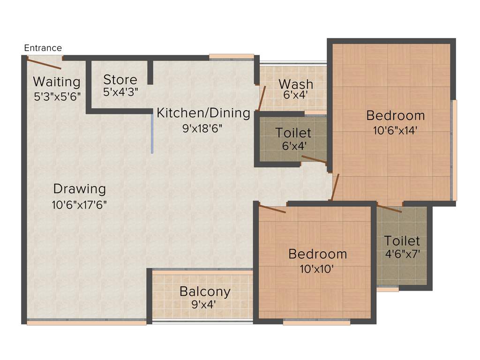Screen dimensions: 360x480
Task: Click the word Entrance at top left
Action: click(43, 48)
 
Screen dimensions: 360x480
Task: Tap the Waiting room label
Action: click(57, 82)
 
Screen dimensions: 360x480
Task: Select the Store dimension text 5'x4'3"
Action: click(120, 92)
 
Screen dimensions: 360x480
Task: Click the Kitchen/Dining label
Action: click(203, 113)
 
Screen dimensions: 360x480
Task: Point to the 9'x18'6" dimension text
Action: click(202, 128)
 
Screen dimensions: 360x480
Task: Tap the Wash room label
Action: click(296, 84)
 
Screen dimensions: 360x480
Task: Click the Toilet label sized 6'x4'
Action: click(293, 133)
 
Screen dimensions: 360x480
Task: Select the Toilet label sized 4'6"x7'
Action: click(402, 241)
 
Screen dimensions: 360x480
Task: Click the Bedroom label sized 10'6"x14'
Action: click(396, 115)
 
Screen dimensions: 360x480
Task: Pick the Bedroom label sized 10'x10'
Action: click(318, 254)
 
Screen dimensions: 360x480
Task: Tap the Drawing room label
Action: click(80, 189)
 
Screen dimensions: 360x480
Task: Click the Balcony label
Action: click(205, 292)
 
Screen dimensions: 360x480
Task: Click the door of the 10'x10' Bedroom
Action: click(272, 209)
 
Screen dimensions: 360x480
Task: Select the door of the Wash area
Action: click(262, 97)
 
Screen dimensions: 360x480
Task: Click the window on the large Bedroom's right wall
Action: click(454, 150)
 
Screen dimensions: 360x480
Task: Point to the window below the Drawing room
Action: click(87, 322)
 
